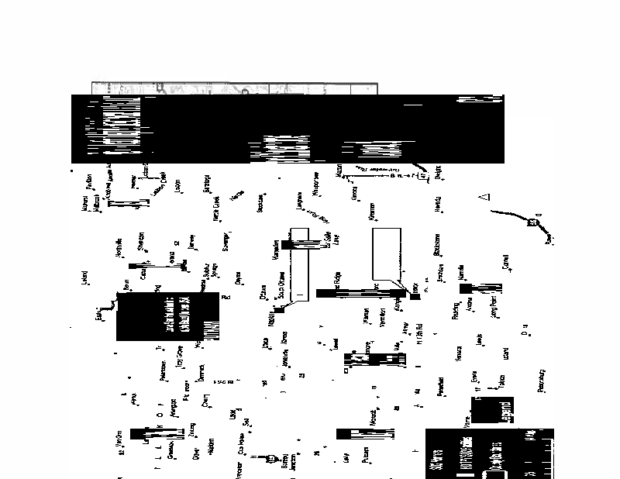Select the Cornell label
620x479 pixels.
(505, 265)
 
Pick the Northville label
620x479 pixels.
(119, 247)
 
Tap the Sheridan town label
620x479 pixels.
(141, 240)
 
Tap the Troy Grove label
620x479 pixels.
(180, 357)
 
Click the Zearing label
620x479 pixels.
(191, 429)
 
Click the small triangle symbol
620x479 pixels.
(485, 198)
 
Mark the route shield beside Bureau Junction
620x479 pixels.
(270, 459)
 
